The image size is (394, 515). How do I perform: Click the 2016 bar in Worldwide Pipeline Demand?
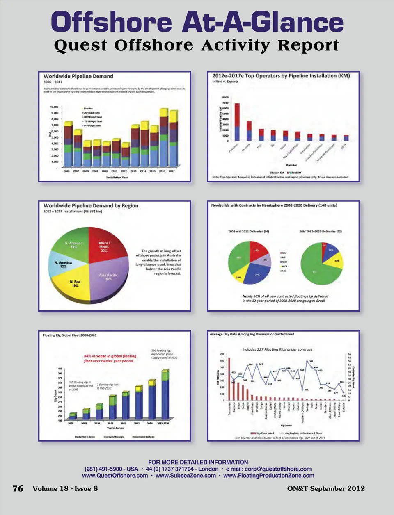[163, 139]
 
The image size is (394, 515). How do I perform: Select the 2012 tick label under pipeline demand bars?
[124, 171]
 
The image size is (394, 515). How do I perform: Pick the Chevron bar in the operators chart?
[249, 131]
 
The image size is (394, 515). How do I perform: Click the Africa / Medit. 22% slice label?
[104, 246]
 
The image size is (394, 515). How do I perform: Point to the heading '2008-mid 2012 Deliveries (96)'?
[249, 232]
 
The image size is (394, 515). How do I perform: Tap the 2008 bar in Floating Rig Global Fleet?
[73, 416]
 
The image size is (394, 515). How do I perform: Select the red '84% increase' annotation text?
[110, 358]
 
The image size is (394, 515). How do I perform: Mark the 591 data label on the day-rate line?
[311, 361]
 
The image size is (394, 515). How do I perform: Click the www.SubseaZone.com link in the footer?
[186, 476]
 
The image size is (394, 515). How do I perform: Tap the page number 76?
[18, 488]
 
